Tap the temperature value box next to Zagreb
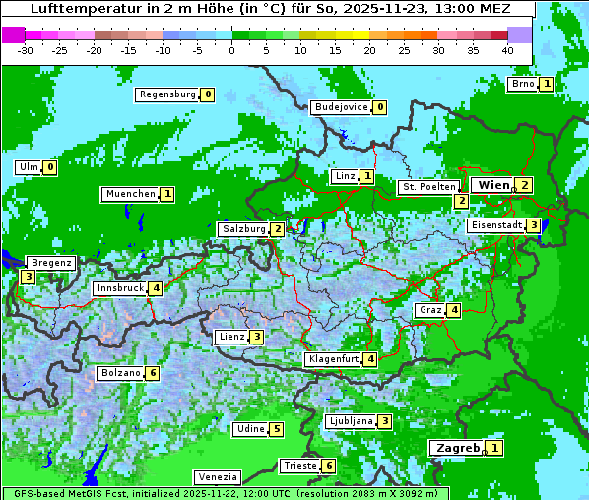tap(494, 449)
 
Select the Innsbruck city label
tap(118, 288)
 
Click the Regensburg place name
tap(166, 94)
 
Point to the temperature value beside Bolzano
tap(152, 373)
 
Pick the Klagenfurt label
tap(333, 359)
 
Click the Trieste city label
tap(298, 466)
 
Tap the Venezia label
tap(218, 476)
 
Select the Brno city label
tap(522, 84)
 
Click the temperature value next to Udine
tap(277, 429)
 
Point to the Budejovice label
tap(340, 107)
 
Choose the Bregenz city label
tap(51, 263)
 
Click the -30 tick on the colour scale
tap(27, 50)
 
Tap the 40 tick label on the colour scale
tap(507, 50)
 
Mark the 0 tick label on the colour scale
tap(232, 50)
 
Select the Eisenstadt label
tap(495, 225)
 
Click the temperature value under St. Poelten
tap(461, 201)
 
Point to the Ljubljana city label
tap(350, 421)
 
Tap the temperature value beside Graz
tap(453, 310)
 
